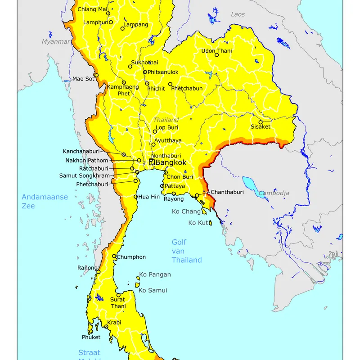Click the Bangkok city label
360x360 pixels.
tap(171, 162)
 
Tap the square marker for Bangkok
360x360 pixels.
tap(152, 162)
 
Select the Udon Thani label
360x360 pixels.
tap(216, 51)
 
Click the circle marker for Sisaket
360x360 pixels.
tap(260, 122)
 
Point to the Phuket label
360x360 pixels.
tap(91, 337)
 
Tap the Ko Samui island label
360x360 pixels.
tap(153, 290)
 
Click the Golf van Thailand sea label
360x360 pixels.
tap(186, 251)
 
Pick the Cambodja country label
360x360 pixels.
tap(274, 193)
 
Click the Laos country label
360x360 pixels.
tap(238, 14)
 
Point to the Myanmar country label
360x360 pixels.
tap(56, 41)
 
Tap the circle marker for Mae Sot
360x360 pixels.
tap(96, 75)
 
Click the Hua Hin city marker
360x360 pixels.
tap(135, 197)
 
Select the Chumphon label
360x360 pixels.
tap(131, 257)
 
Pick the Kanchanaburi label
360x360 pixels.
tap(81, 151)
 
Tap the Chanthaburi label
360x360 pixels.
tap(227, 192)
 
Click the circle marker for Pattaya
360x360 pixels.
tap(162, 186)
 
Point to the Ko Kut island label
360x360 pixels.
tap(198, 223)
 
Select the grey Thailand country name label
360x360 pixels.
tap(166, 120)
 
